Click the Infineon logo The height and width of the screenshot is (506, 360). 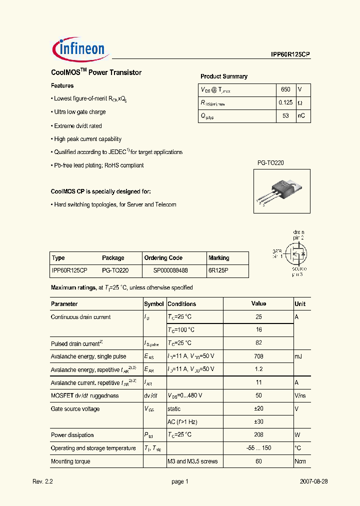(x=78, y=49)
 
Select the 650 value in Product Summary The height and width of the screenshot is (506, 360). (x=285, y=90)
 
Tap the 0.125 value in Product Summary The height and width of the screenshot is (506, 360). (x=285, y=103)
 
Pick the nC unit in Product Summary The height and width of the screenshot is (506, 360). (x=301, y=116)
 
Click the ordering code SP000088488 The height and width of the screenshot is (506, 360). (x=170, y=270)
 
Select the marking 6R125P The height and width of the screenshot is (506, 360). (x=218, y=270)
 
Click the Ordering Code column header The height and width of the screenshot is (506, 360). (x=163, y=258)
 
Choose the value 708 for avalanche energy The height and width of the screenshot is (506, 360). (x=258, y=356)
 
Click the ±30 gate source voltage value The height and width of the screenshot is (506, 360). (x=258, y=422)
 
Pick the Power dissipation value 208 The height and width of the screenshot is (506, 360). (x=258, y=435)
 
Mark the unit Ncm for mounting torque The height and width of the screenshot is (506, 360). (x=300, y=461)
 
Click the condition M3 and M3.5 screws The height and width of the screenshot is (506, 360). (x=192, y=461)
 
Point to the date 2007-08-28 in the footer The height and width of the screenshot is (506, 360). (x=314, y=481)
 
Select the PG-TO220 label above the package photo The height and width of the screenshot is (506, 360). (x=270, y=163)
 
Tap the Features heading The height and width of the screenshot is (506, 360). (x=62, y=85)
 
